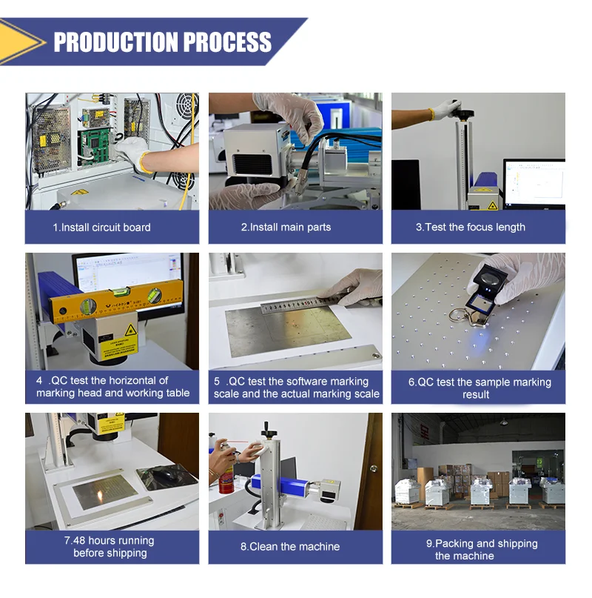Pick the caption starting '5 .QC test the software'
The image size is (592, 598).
(296, 388)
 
